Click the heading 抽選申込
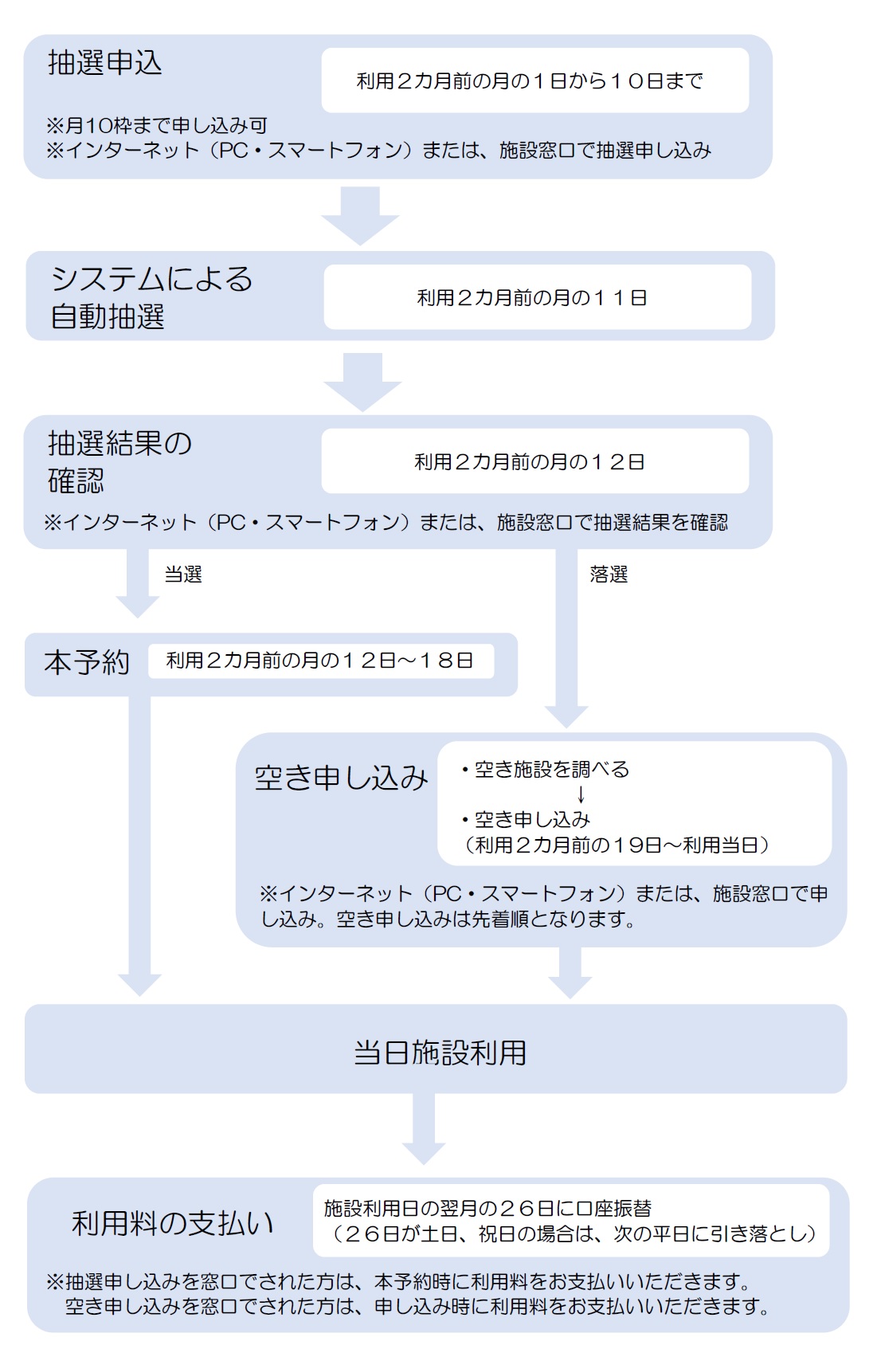point(104,63)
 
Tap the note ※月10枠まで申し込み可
point(157,125)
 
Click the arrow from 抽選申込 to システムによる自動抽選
point(360,214)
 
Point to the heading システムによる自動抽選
point(151,297)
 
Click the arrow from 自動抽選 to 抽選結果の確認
point(362,382)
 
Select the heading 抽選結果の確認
point(119,461)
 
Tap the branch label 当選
point(183,574)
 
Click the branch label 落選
point(609,574)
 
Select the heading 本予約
point(86,662)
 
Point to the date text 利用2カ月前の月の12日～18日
point(320,661)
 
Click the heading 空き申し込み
point(341,778)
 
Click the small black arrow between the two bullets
point(581,794)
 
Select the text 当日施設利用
point(440,1053)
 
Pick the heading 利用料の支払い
point(173,1223)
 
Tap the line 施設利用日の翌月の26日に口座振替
point(487,1209)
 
